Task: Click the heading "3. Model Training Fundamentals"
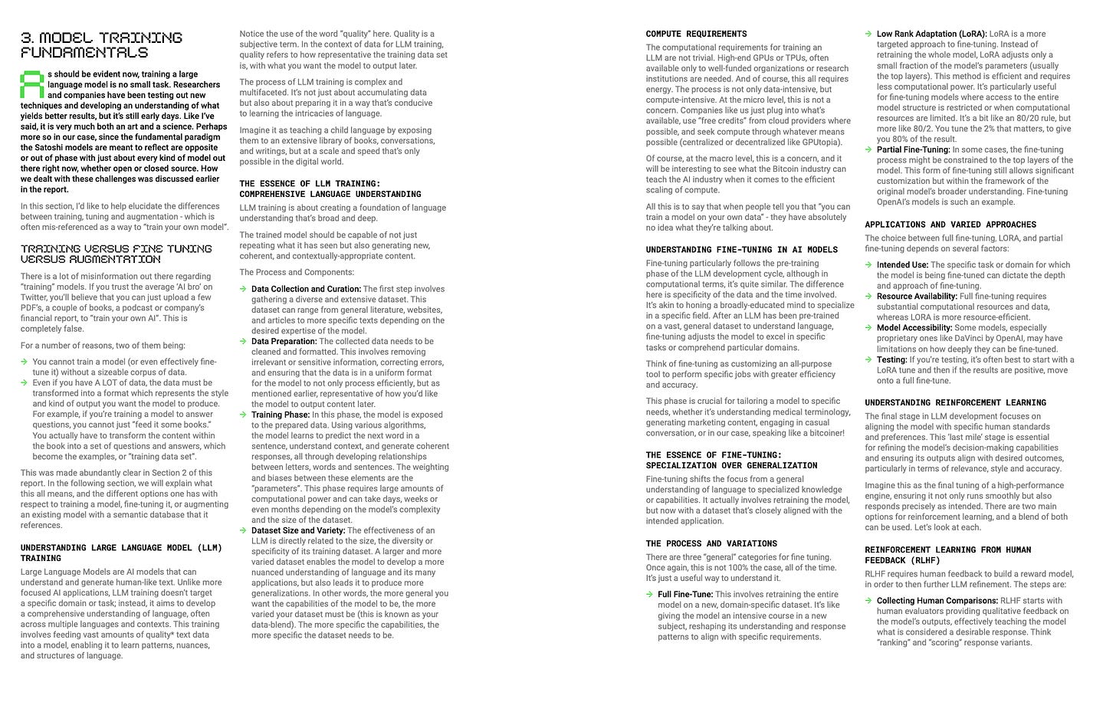point(101,44)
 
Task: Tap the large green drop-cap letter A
point(31,84)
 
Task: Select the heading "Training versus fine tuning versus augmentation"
point(116,254)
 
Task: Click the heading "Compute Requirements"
point(696,34)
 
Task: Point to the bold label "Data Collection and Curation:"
point(306,289)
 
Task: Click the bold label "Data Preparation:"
point(284,342)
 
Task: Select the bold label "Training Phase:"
point(281,415)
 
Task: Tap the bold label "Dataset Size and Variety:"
point(298,530)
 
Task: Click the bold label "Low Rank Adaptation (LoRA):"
point(931,34)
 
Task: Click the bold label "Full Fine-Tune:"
point(685,594)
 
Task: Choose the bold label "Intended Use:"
point(902,265)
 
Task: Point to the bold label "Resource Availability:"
point(917,296)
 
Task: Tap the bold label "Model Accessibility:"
point(914,327)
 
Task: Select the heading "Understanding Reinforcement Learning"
point(955,402)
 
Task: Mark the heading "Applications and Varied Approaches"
point(950,225)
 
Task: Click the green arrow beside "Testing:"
point(868,359)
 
